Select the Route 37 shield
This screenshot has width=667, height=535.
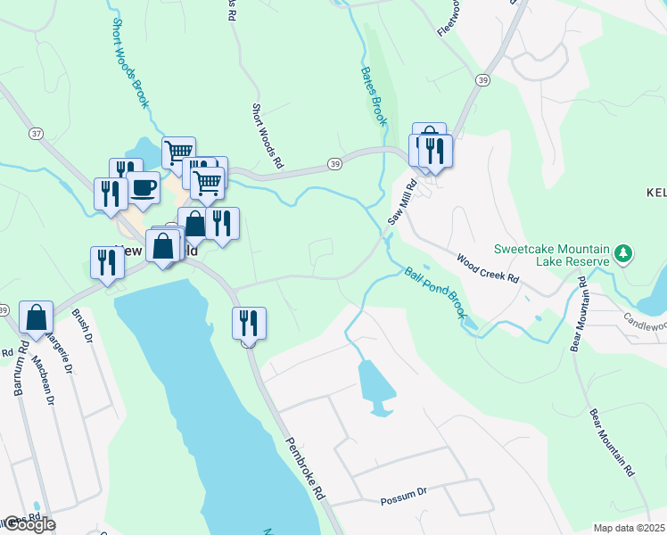[36, 134]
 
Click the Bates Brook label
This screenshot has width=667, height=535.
[373, 95]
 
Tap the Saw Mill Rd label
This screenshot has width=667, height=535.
[401, 204]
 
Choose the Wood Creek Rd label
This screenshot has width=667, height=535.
[487, 267]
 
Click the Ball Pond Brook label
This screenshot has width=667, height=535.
[434, 292]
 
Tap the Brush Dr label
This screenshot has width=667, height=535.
[82, 331]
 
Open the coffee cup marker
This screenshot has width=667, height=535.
[143, 187]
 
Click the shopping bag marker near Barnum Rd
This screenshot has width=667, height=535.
[37, 317]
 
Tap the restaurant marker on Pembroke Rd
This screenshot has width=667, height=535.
[249, 323]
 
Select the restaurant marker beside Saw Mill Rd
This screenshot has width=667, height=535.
[436, 150]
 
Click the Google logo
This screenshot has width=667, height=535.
[29, 524]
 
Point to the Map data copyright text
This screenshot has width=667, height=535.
[629, 528]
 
